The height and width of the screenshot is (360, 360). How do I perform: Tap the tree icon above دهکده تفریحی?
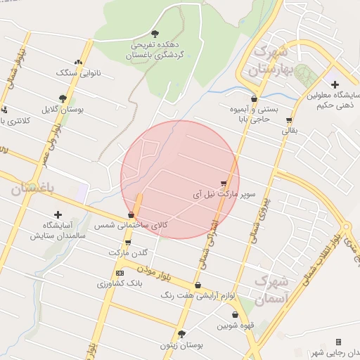click(x=155, y=33)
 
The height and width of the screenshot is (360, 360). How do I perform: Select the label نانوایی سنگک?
click(x=74, y=72)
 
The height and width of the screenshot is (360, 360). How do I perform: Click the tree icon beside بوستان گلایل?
click(x=63, y=99)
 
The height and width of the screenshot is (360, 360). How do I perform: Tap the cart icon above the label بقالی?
click(x=289, y=120)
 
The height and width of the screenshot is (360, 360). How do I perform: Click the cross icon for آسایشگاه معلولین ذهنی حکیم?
click(x=335, y=84)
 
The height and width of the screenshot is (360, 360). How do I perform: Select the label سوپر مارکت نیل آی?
click(x=225, y=191)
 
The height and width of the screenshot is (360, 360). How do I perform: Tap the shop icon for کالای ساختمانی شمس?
click(x=131, y=214)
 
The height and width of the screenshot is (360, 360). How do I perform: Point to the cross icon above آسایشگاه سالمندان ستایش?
click(x=58, y=214)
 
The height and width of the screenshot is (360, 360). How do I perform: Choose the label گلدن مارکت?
click(x=129, y=252)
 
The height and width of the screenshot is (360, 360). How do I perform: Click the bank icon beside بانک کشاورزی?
click(x=120, y=272)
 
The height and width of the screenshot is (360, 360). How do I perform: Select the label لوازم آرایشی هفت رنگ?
click(x=226, y=295)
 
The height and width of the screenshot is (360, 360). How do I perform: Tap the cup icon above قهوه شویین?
click(x=234, y=315)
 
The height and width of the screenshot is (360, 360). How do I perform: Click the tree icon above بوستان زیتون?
click(x=181, y=334)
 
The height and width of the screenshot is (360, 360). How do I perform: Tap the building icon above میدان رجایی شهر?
click(x=338, y=342)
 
